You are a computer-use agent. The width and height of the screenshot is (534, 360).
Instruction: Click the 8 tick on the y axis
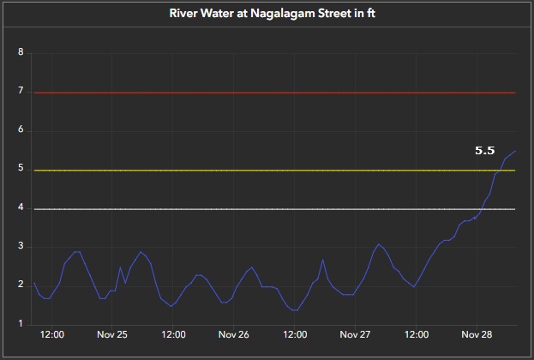tap(21, 53)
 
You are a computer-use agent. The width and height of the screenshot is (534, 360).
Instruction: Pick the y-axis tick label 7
tap(21, 93)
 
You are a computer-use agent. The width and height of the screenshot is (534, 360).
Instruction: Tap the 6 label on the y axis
tap(21, 131)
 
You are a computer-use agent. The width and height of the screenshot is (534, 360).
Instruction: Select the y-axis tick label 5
tap(21, 170)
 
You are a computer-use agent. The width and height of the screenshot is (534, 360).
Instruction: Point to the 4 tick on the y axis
tap(21, 208)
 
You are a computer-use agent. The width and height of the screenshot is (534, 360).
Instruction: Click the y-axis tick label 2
tap(21, 285)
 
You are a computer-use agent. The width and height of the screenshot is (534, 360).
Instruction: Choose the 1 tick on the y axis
tap(21, 324)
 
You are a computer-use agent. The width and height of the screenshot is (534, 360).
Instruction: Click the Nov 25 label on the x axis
tap(113, 335)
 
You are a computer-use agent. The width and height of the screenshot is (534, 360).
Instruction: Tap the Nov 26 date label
tap(234, 335)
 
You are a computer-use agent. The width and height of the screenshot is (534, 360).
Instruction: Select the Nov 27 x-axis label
tap(355, 335)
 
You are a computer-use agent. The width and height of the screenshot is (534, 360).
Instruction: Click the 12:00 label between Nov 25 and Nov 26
tap(174, 335)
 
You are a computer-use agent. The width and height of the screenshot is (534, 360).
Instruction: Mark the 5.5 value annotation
tap(485, 150)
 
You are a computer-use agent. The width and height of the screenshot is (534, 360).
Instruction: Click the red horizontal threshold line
tap(257, 93)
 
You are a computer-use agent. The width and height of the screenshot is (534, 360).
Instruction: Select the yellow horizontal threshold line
tap(257, 170)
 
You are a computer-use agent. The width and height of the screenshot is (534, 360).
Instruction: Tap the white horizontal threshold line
tap(257, 209)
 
